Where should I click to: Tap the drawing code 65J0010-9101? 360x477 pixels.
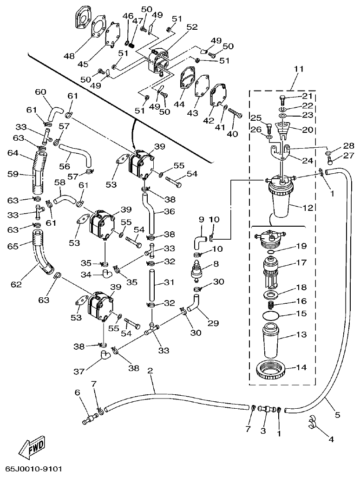34,470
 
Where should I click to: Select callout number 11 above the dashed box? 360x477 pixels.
298,69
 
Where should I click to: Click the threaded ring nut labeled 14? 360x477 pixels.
271,370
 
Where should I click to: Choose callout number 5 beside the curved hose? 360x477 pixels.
337,414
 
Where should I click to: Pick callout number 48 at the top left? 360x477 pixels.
69,56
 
